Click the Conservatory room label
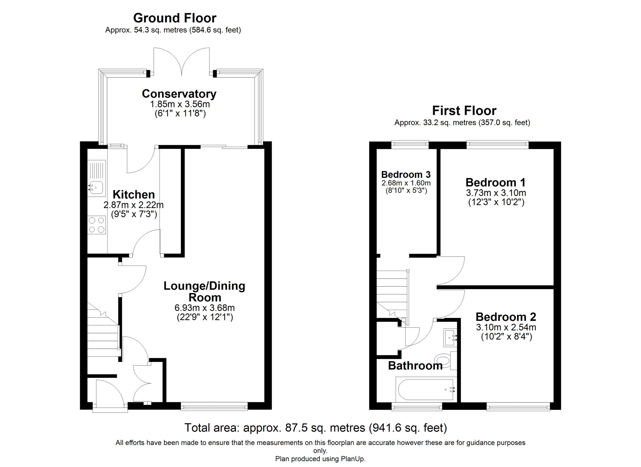pyautogui.click(x=179, y=94)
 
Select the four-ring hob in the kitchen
pyautogui.click(x=96, y=225)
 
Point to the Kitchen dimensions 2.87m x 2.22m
pyautogui.click(x=133, y=205)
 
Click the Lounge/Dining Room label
pyautogui.click(x=204, y=291)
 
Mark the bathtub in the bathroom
pyautogui.click(x=426, y=389)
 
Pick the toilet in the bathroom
pyautogui.click(x=446, y=361)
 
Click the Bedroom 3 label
pyautogui.click(x=406, y=174)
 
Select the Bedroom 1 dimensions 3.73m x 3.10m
pyautogui.click(x=496, y=193)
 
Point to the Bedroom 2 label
pyautogui.click(x=506, y=317)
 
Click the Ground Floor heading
pyautogui.click(x=175, y=18)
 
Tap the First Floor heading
pyautogui.click(x=464, y=111)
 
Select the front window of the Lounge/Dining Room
pyautogui.click(x=214, y=407)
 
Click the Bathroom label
pyautogui.click(x=415, y=366)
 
